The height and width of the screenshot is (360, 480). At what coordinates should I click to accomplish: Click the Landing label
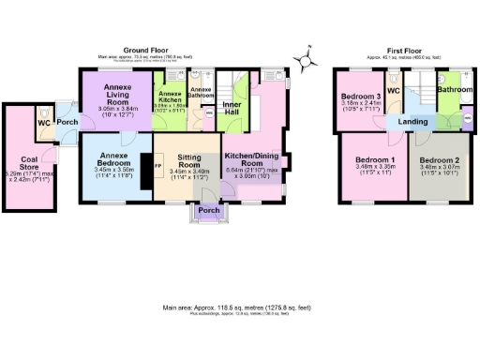[x=412, y=122]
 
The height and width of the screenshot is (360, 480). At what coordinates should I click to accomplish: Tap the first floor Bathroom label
[x=454, y=90]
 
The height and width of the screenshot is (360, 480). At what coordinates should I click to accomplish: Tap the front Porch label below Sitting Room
[x=208, y=210]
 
